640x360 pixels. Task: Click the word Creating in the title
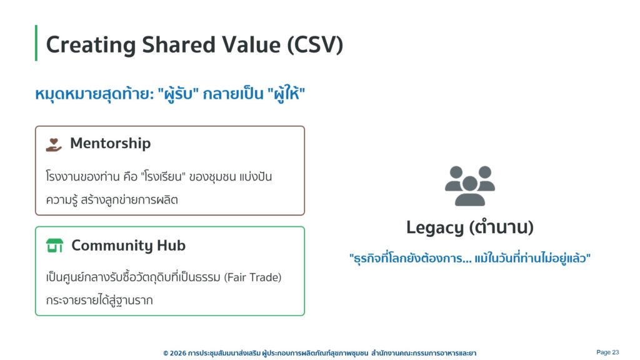tap(91, 45)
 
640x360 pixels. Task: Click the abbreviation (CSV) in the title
tap(315, 44)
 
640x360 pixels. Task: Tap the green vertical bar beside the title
tap(36, 43)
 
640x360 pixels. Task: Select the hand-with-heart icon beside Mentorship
tap(54, 144)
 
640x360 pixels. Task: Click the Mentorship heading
tap(110, 143)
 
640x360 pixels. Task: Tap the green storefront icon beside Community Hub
tap(54, 245)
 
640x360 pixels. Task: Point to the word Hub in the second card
tap(171, 245)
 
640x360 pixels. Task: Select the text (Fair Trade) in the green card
tap(252, 277)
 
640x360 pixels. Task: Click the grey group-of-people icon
tap(470, 186)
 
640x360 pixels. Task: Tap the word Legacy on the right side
tap(435, 227)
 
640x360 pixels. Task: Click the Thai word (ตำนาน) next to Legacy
tap(502, 227)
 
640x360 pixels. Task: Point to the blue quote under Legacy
tap(470, 258)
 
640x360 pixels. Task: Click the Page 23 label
tap(607, 352)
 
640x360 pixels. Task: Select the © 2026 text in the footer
tap(175, 353)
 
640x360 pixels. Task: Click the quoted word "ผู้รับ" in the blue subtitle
tap(178, 94)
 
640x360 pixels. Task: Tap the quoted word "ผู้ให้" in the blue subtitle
tap(286, 94)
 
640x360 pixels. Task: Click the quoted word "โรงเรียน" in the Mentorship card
tap(163, 177)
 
